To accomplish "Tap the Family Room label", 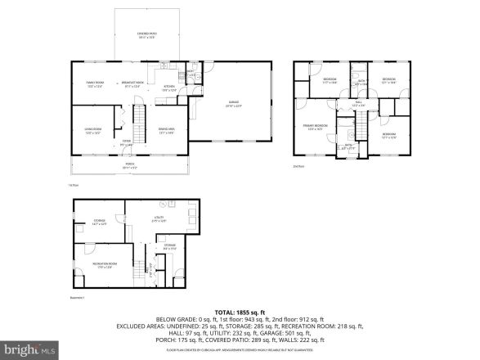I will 95,84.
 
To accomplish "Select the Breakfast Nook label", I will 132,83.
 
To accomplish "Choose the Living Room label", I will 92,131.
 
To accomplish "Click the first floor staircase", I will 138,119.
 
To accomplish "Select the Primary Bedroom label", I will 314,128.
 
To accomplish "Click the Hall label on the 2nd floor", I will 358,105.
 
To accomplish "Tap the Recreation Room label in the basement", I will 103,264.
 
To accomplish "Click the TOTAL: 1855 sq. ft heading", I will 240,313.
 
